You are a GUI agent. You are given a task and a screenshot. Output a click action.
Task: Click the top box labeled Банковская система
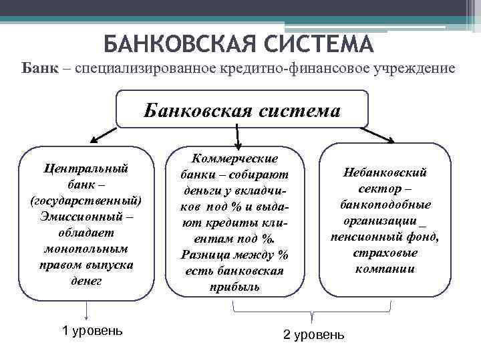[x=242, y=109]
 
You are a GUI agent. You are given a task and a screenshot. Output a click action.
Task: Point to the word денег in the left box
[x=86, y=281]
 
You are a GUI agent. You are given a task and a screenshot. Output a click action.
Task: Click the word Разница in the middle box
[x=205, y=255]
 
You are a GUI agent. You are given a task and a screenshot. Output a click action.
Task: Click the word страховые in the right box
[x=385, y=253]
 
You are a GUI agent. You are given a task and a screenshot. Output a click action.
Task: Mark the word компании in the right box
[x=385, y=269]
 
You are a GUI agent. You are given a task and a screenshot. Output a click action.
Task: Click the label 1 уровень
[x=92, y=330]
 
